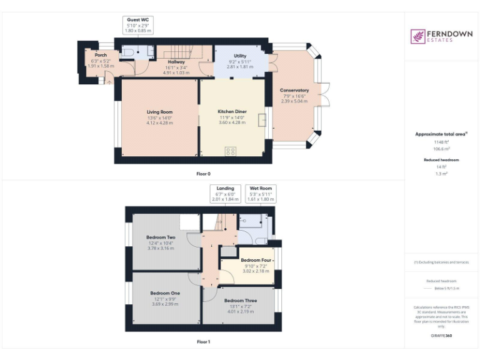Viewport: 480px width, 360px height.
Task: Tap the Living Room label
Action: (159, 112)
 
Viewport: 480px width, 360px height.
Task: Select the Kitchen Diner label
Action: (232, 112)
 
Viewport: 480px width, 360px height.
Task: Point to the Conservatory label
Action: (294, 91)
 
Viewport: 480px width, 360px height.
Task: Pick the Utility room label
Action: (240, 56)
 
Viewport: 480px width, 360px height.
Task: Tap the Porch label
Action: (101, 55)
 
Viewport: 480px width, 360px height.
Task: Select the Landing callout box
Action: (225, 193)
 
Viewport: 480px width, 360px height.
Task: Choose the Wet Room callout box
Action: (261, 193)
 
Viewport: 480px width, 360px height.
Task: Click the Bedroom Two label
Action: (161, 237)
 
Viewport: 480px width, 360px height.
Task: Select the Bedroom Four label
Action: (257, 260)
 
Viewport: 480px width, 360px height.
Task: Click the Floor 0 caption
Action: (204, 173)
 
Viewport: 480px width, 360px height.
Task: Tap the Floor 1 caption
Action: (204, 342)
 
